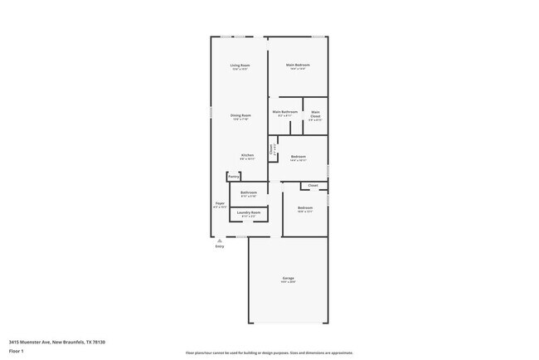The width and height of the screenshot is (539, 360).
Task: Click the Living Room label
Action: click(x=240, y=65)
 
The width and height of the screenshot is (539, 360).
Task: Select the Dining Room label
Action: click(x=240, y=115)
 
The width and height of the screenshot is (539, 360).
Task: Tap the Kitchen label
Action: click(x=247, y=155)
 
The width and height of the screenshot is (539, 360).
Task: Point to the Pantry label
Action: click(x=234, y=177)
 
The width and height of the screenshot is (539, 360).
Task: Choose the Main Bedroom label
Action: click(x=297, y=65)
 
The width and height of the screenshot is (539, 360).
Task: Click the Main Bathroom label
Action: click(x=284, y=111)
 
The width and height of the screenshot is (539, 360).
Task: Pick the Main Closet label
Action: click(x=315, y=114)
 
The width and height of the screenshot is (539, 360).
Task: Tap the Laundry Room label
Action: click(x=249, y=212)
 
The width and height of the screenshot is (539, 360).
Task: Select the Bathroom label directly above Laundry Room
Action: click(x=249, y=192)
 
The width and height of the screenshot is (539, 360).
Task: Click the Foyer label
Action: click(x=220, y=203)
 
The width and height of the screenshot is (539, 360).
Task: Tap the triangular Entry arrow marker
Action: click(x=220, y=241)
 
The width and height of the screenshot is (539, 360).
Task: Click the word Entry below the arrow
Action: click(x=220, y=246)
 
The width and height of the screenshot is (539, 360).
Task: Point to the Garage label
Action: click(x=288, y=278)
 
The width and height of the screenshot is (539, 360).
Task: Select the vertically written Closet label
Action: click(x=271, y=150)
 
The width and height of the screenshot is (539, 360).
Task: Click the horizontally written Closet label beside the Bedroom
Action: click(x=313, y=186)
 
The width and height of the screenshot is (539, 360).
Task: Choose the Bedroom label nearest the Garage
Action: click(x=305, y=207)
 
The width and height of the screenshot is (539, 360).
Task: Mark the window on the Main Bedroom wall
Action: click(x=318, y=36)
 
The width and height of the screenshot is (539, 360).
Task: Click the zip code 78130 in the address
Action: click(x=99, y=342)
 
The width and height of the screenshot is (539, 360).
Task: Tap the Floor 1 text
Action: click(x=17, y=351)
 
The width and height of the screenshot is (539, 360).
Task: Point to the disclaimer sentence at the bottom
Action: click(x=269, y=353)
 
